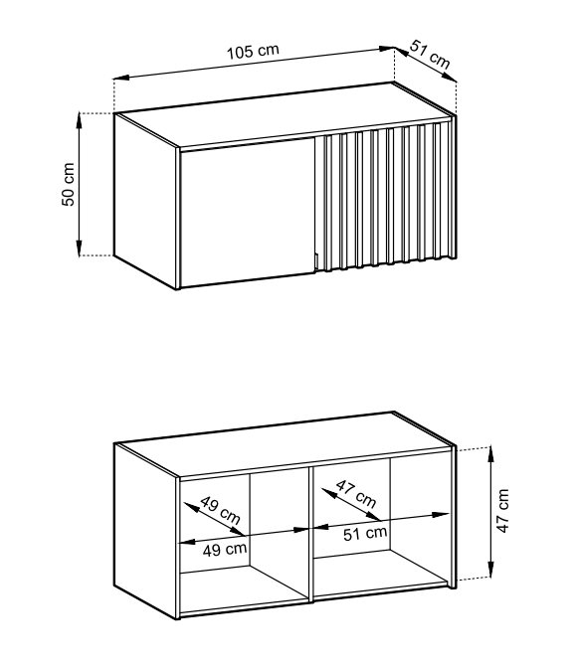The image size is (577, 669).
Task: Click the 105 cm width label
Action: point(253,52)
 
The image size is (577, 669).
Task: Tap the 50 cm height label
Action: point(68,184)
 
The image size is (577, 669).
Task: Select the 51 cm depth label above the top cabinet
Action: point(430,55)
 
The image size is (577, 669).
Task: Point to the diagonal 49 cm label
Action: point(220,510)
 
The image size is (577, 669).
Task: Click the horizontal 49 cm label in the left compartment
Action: point(225,549)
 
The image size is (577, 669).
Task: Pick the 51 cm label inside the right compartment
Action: point(365,533)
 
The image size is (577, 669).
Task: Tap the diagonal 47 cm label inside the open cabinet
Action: point(356,494)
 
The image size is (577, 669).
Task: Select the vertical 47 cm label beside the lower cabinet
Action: point(502,511)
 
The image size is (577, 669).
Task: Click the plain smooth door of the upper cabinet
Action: point(248,212)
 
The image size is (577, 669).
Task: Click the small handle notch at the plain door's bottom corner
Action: point(315,261)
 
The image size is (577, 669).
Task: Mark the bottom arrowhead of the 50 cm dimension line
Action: point(79,249)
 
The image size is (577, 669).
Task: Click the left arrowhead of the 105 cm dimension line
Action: point(121,79)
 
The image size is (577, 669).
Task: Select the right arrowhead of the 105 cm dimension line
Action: point(387,49)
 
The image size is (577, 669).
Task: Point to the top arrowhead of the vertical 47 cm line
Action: point(491,453)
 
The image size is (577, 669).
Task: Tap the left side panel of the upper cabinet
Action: point(145,201)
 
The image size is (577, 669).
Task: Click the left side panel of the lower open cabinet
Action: point(145,531)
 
